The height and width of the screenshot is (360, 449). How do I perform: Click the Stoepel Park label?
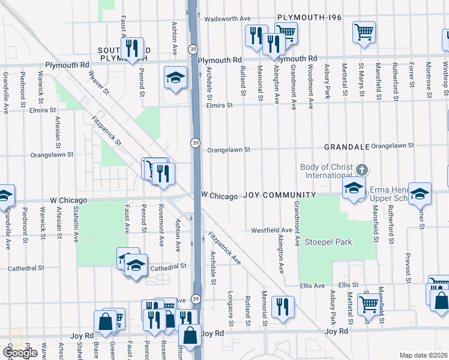[x=328, y=242]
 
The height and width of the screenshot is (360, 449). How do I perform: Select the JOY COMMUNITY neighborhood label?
[x=279, y=196]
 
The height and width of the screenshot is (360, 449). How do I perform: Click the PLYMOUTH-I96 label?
[x=309, y=18]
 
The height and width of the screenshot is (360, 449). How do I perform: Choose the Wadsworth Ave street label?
[x=227, y=19]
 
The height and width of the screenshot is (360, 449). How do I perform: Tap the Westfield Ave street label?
[x=271, y=230]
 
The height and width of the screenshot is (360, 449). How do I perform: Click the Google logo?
[x=20, y=353]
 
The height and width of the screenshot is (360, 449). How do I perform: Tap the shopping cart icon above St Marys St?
[x=364, y=31]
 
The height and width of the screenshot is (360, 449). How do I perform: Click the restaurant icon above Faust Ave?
[x=131, y=47]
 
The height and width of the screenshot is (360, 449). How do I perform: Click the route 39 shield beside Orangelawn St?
[x=196, y=142]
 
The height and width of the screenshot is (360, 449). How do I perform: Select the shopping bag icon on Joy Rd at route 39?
[x=190, y=336]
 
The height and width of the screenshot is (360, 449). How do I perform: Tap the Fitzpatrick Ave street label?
[x=224, y=248]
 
